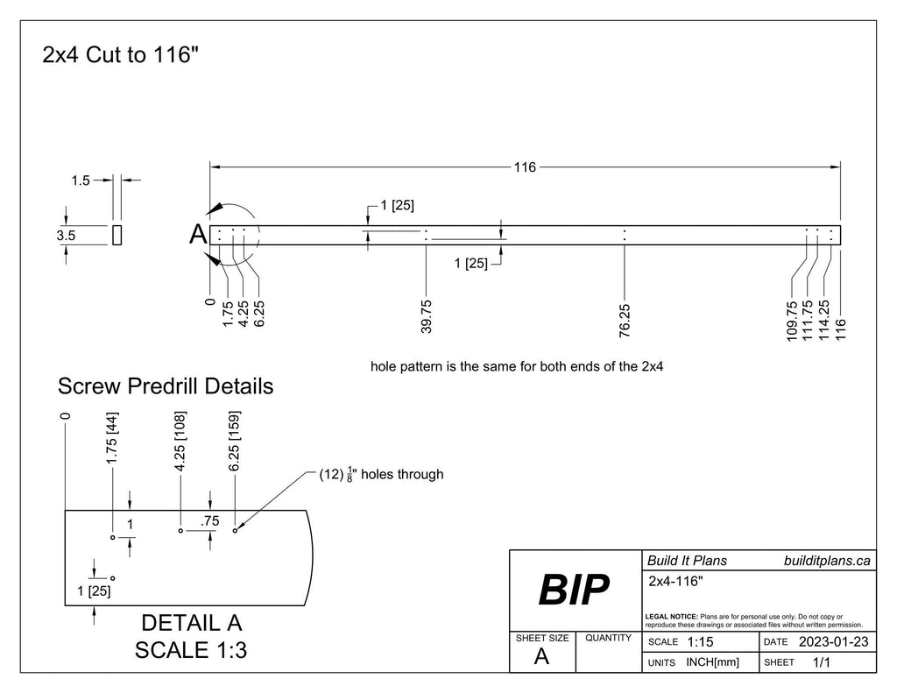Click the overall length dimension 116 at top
524,166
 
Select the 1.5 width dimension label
80,180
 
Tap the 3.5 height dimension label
66,235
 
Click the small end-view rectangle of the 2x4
117,235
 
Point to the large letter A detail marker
198,235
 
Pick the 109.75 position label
792,320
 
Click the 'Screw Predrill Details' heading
165,385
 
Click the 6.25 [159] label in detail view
234,442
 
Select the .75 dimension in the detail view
209,521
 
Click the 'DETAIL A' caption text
190,623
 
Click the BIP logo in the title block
574,592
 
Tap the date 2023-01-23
833,643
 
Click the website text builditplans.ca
827,561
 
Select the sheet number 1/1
822,663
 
